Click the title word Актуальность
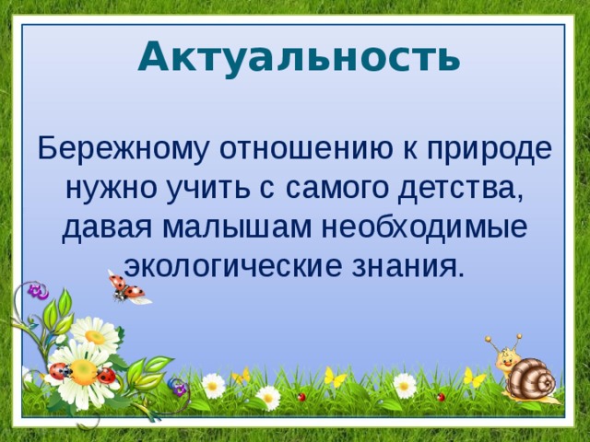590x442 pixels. (298, 57)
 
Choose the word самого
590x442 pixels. (336, 189)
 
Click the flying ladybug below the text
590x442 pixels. (126, 288)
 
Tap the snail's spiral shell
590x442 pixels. (534, 379)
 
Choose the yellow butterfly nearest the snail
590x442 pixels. (475, 377)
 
